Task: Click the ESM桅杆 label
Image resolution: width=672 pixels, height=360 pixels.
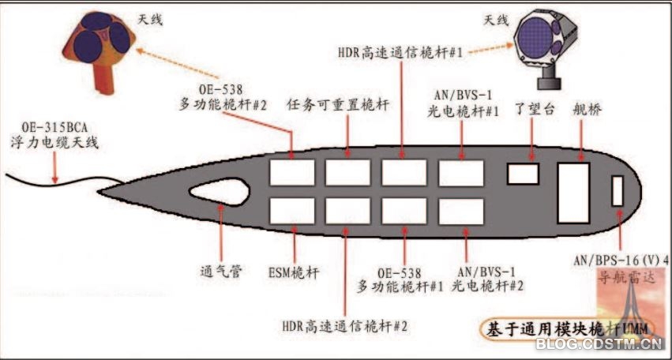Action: [293, 272]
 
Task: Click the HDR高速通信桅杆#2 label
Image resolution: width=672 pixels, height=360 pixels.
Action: [345, 324]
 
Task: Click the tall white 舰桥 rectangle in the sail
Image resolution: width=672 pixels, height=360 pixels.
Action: [573, 193]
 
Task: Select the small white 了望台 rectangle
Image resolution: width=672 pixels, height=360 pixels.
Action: [523, 174]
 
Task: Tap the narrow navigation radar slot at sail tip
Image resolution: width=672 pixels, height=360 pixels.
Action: [618, 192]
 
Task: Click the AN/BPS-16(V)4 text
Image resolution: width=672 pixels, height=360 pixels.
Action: [622, 259]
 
